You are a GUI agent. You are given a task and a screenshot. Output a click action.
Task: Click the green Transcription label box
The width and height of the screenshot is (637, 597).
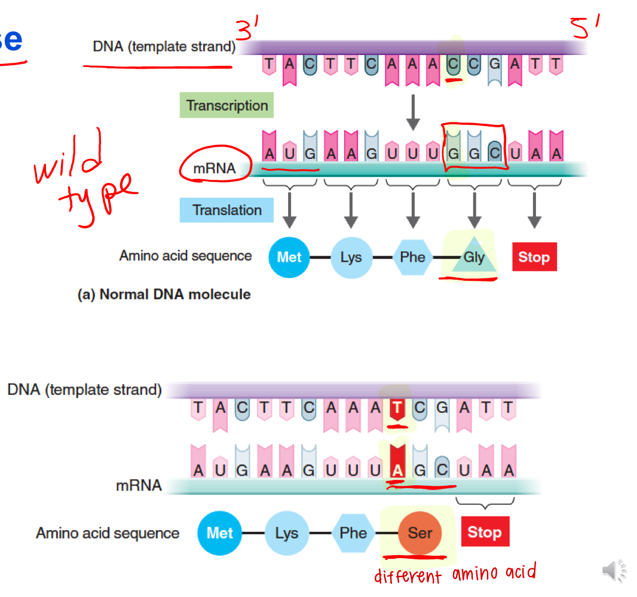coord(226,106)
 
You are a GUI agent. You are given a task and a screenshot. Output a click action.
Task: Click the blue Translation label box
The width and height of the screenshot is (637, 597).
coord(226,210)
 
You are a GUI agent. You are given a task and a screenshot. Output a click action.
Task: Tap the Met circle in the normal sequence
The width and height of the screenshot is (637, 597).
coord(289,258)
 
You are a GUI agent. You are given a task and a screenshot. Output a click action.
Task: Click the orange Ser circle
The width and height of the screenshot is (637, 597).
coord(419,532)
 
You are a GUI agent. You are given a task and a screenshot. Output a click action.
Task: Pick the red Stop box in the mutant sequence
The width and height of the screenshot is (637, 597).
coord(485,532)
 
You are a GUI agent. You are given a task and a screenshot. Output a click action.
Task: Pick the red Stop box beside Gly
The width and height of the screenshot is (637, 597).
coord(534,257)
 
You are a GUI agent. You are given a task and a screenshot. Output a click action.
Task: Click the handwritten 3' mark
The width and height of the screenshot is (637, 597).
coord(246,30)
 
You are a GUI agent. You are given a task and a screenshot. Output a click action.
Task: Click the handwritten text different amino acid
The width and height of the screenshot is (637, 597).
coord(455,574)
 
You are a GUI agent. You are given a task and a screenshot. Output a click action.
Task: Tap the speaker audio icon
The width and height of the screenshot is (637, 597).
coord(614,571)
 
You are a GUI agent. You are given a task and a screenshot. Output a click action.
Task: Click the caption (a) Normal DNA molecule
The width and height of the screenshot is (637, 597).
coord(164,294)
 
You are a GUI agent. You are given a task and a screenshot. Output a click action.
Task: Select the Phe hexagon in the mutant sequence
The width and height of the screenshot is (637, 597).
coord(353,532)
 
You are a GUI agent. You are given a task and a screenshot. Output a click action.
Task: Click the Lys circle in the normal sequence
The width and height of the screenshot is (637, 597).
coord(351,258)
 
